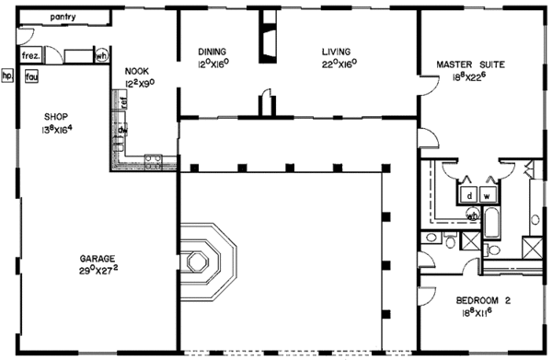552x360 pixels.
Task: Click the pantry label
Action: click(63, 17)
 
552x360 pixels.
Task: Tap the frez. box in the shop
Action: click(29, 55)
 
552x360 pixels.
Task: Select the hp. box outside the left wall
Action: click(7, 76)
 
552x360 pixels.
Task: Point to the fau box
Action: click(30, 76)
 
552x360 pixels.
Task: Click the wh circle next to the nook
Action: click(101, 55)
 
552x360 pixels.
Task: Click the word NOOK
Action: click(137, 70)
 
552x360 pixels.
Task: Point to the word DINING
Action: click(213, 52)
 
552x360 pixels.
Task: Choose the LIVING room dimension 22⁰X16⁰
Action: click(339, 65)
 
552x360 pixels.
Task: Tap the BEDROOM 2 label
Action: click(482, 300)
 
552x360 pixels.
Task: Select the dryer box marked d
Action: click(468, 195)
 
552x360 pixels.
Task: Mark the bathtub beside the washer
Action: click(493, 224)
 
